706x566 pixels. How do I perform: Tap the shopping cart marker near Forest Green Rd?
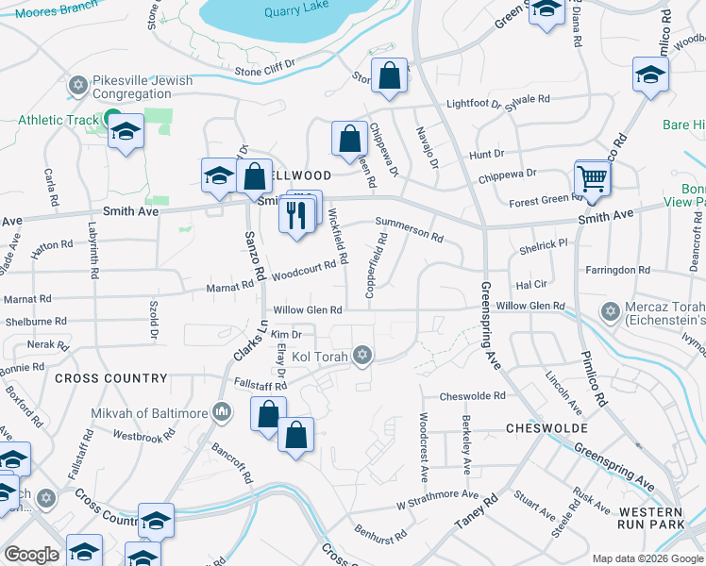pos(592,176)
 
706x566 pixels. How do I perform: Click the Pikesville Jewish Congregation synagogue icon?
pos(77,87)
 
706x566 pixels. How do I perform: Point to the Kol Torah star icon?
pos(361,356)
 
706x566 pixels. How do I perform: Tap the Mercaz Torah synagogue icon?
pos(610,311)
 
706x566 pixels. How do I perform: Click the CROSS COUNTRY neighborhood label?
pos(110,378)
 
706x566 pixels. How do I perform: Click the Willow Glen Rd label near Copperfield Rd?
pos(307,310)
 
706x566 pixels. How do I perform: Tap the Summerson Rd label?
pos(409,229)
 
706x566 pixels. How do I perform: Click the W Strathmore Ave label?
pos(437,497)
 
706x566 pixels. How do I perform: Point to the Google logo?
pos(31,555)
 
